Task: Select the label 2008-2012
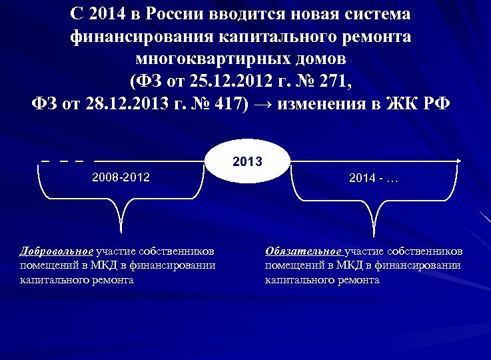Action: pyautogui.click(x=121, y=177)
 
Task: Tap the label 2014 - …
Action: pyautogui.click(x=374, y=179)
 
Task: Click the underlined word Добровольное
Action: pyautogui.click(x=57, y=251)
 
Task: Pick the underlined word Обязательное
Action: pyautogui.click(x=303, y=251)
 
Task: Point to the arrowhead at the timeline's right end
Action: pyautogui.click(x=460, y=161)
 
